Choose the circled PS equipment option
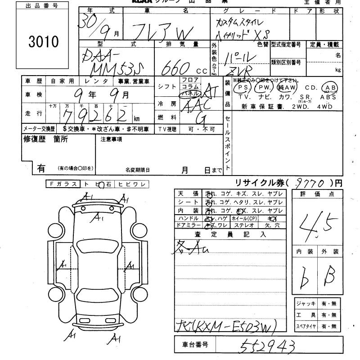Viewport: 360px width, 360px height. [x=244, y=87]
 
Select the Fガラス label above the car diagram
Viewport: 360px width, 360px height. [x=63, y=184]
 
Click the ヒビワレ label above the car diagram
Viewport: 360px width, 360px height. [x=131, y=184]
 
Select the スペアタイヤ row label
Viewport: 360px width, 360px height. [x=306, y=326]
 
